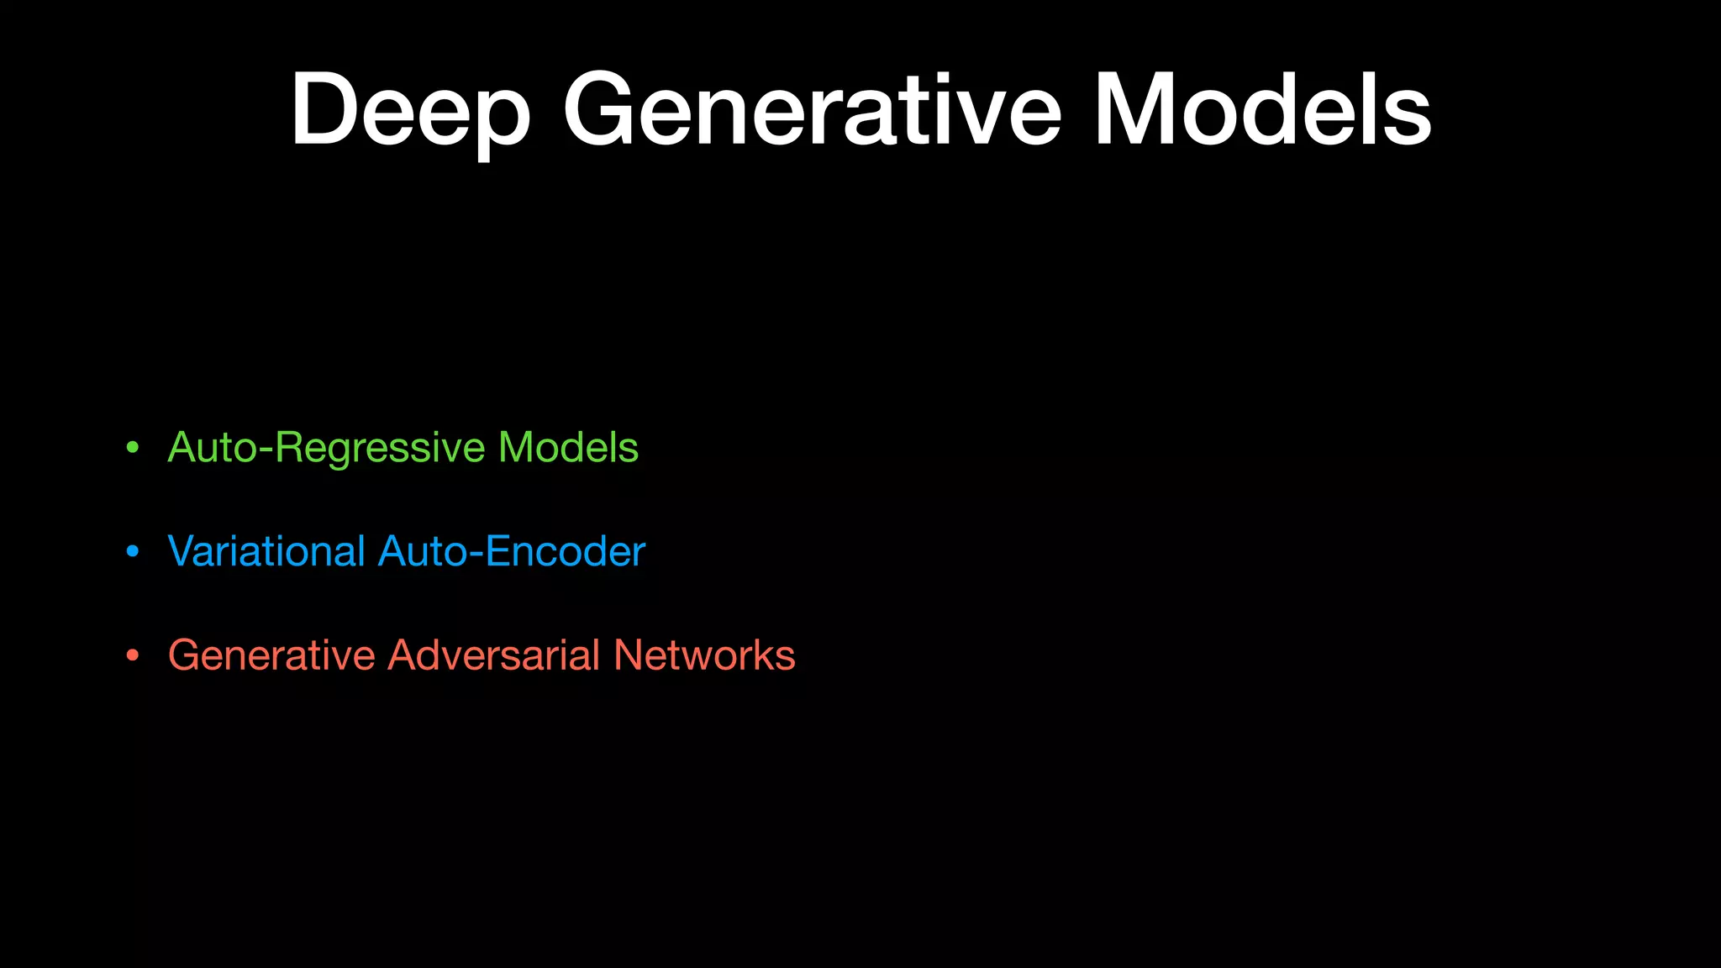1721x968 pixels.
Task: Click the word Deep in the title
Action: [410, 111]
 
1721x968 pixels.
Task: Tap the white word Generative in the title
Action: [812, 111]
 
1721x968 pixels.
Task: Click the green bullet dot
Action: [132, 448]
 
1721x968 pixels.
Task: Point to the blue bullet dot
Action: [132, 552]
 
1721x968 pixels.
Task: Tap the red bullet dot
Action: [132, 656]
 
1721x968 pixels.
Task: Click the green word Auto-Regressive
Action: [326, 448]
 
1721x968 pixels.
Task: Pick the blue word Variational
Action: [266, 551]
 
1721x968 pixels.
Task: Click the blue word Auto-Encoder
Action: [512, 551]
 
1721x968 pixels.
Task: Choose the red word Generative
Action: [271, 655]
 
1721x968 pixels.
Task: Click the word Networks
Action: [704, 655]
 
